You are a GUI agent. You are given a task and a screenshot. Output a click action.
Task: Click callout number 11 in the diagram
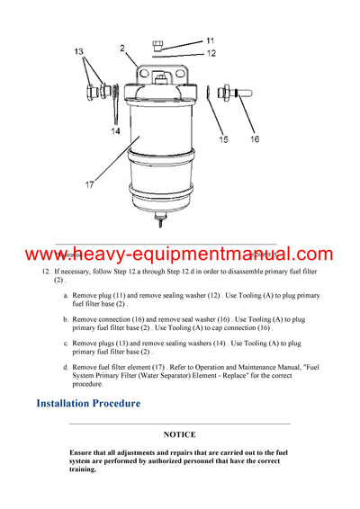pos(210,40)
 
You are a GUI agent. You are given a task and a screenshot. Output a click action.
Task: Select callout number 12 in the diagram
pos(211,54)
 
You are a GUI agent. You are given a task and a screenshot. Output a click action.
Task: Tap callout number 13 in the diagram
pos(78,52)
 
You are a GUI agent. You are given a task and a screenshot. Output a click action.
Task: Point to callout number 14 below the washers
pos(115,131)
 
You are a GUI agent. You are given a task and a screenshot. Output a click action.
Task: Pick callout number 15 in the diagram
pos(223,139)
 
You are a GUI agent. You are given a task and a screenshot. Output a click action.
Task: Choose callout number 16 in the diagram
pos(255,139)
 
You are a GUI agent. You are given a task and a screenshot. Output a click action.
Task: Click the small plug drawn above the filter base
pos(159,43)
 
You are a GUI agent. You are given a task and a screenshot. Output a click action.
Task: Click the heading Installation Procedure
pos(88,403)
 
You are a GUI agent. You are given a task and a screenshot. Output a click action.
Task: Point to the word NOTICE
pos(179,434)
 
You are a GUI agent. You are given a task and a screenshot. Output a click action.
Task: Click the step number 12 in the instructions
pos(45,271)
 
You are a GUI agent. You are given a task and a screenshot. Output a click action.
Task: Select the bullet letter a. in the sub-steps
pos(65,295)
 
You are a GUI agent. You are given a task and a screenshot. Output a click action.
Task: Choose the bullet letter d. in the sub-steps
pos(65,367)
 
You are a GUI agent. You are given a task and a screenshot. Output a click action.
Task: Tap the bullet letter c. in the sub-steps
pos(65,343)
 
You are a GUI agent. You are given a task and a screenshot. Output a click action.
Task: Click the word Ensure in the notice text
pos(83,451)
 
